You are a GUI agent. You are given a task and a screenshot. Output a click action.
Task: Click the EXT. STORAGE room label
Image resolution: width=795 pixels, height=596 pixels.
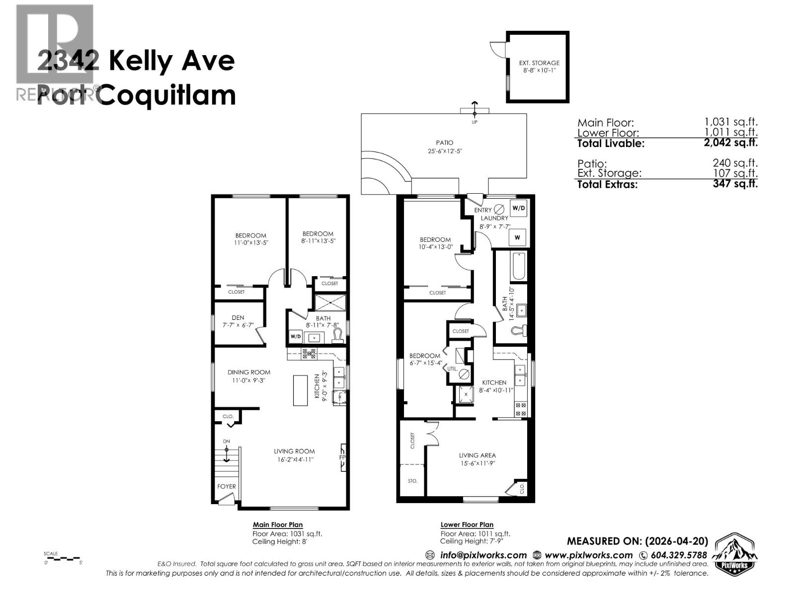pyautogui.click(x=539, y=63)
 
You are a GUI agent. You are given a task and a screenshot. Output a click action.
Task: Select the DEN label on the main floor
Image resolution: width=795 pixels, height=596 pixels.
pyautogui.click(x=238, y=318)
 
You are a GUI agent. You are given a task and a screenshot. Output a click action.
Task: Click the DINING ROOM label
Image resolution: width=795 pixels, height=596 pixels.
pyautogui.click(x=249, y=372)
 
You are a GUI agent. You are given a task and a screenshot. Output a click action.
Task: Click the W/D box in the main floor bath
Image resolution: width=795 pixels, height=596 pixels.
pyautogui.click(x=296, y=336)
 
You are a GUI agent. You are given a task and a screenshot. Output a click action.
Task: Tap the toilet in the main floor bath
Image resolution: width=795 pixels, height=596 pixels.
pyautogui.click(x=338, y=335)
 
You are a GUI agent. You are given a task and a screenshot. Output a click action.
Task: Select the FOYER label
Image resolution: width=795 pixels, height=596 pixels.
pyautogui.click(x=227, y=486)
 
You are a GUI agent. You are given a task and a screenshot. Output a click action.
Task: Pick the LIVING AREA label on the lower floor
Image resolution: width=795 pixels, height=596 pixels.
pyautogui.click(x=477, y=455)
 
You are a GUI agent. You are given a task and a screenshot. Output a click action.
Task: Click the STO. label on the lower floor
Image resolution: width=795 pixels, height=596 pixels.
pyautogui.click(x=412, y=481)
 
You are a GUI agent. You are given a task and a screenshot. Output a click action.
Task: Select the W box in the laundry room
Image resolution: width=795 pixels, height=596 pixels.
pyautogui.click(x=517, y=237)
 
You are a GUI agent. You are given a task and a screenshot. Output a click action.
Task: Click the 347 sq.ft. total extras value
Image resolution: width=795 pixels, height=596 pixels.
pyautogui.click(x=735, y=184)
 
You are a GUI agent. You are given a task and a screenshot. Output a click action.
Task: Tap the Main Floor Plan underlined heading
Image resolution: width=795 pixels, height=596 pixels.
pyautogui.click(x=277, y=524)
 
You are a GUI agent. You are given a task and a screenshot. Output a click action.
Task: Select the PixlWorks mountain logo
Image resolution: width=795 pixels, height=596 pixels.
pyautogui.click(x=735, y=554)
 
